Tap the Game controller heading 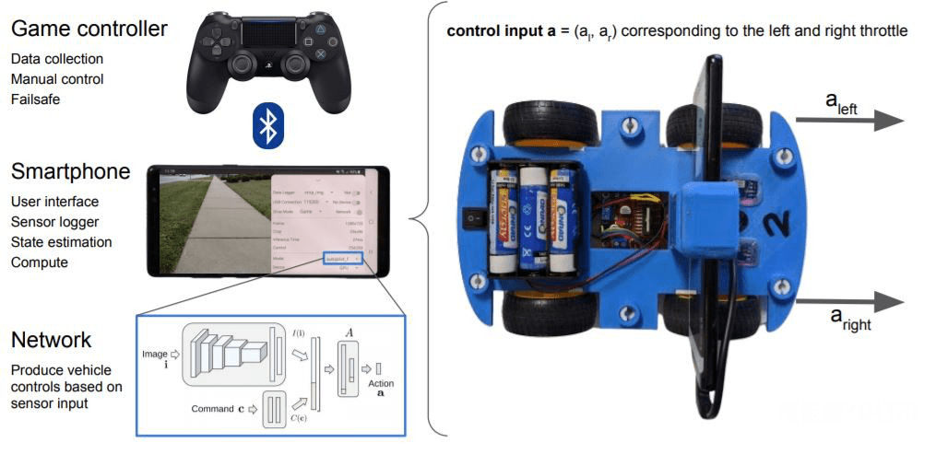tap(89, 29)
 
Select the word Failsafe tap(36, 99)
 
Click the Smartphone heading tap(70, 172)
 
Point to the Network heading tap(51, 340)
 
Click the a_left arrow tap(849, 121)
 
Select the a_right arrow tap(849, 303)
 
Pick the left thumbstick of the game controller tap(242, 65)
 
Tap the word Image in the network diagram tap(155, 354)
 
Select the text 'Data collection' tap(57, 59)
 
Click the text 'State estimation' tap(62, 242)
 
